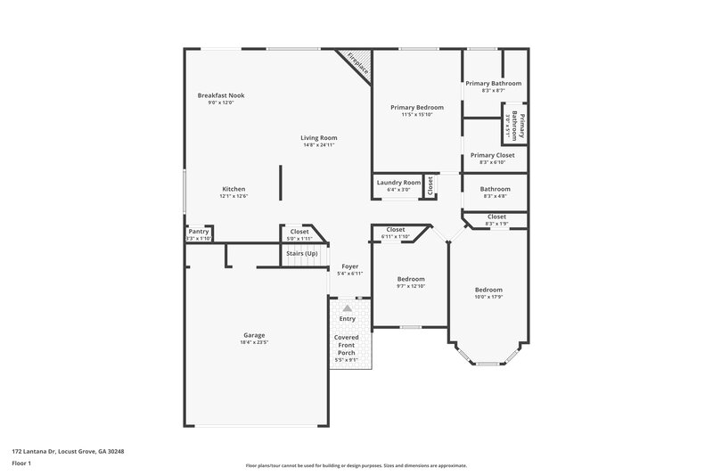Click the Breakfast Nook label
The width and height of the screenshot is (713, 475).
[221, 95]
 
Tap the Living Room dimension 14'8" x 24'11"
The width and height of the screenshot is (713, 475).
[318, 145]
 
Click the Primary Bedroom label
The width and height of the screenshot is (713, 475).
[416, 107]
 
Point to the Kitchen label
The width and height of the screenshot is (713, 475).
[234, 189]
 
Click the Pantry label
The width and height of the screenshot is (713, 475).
[198, 232]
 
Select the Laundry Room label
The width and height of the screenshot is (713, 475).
[398, 182]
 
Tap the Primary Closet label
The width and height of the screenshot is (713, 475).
[492, 155]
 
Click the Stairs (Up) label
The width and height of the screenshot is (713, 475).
[301, 254]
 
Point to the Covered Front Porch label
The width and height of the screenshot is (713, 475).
[347, 346]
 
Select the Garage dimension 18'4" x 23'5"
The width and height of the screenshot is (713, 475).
[254, 342]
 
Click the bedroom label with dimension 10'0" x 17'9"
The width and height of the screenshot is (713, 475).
[488, 290]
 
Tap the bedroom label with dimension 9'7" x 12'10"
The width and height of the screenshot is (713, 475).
[410, 279]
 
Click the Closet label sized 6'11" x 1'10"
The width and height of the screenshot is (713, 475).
[395, 230]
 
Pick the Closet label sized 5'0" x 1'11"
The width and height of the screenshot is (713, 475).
[299, 232]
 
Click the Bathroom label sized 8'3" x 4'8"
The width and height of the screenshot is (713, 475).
[496, 189]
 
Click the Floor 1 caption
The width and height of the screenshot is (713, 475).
[22, 464]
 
